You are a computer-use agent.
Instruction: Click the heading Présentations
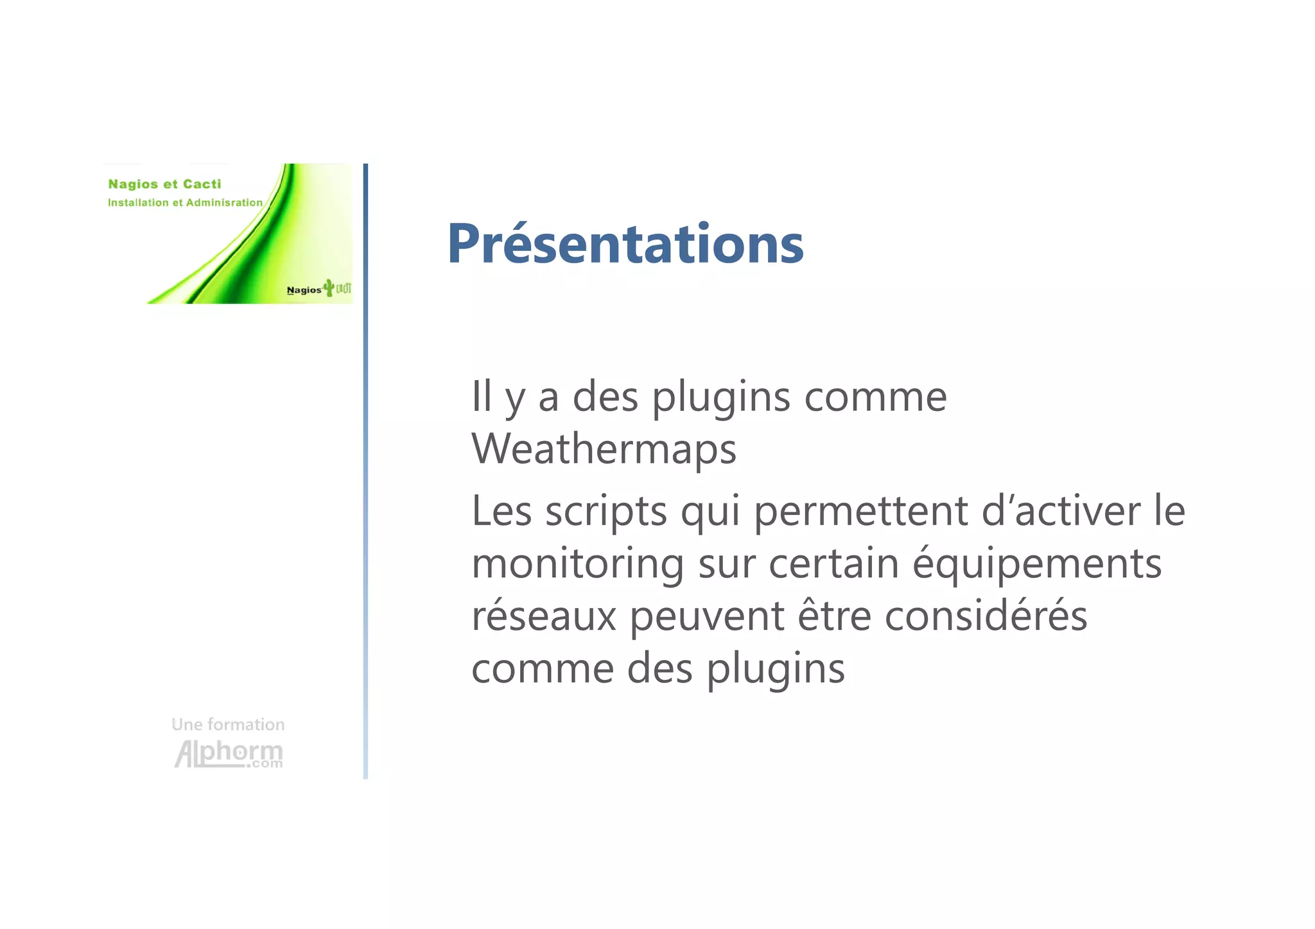(625, 244)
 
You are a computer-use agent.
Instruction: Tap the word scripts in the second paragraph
(606, 512)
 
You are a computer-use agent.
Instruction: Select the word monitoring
(578, 564)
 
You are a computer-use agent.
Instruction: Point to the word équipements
(1037, 564)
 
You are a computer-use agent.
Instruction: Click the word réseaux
(543, 616)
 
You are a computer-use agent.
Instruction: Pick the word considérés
(986, 616)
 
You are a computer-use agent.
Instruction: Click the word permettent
(860, 512)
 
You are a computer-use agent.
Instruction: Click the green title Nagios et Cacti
(164, 184)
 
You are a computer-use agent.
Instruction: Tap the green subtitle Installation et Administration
(185, 202)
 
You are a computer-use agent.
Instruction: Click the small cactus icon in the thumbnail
(329, 287)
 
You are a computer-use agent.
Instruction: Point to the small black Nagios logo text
(304, 290)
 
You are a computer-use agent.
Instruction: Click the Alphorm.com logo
(229, 753)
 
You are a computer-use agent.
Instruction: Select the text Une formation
(228, 724)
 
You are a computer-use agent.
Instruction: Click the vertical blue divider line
(365, 471)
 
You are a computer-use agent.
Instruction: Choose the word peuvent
(706, 617)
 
